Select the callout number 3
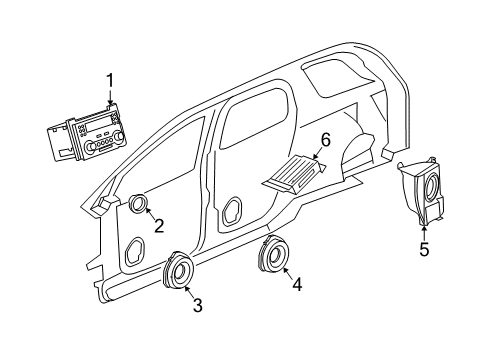[197, 305]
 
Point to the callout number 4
[297, 283]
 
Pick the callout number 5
[424, 249]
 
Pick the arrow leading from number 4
[285, 270]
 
